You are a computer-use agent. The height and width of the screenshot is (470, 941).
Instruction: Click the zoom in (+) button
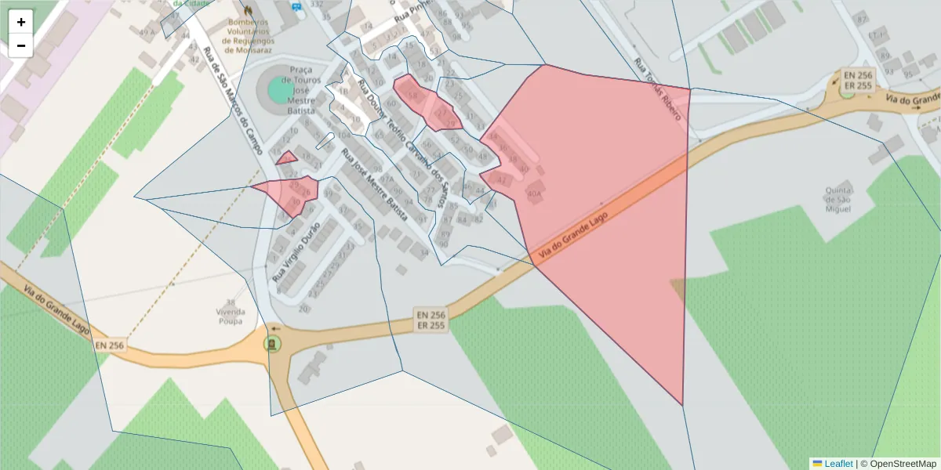[x=20, y=22]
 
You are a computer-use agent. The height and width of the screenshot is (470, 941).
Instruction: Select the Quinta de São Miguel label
[x=837, y=199]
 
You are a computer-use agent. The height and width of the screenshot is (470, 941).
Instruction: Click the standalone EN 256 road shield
[x=110, y=345]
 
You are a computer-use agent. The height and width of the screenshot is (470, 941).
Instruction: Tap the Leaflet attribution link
[x=838, y=464]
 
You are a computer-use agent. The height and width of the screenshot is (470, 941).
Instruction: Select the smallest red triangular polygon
[x=287, y=158]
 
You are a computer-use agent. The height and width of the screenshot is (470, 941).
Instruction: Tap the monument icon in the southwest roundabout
[x=272, y=344]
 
